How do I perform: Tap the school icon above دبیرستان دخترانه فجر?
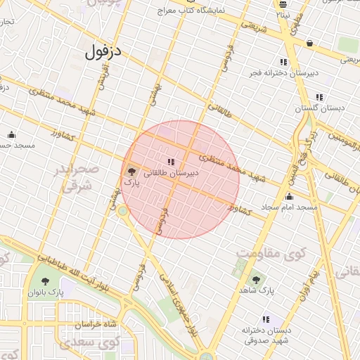click(x=283, y=62)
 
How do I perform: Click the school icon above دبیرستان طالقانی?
click(x=171, y=162)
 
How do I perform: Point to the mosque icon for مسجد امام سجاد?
click(x=289, y=197)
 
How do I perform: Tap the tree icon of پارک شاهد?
click(x=255, y=279)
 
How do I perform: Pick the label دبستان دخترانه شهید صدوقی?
click(x=265, y=335)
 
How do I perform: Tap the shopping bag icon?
click(x=309, y=44)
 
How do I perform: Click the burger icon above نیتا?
click(x=282, y=4)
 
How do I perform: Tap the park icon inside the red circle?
click(x=131, y=171)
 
